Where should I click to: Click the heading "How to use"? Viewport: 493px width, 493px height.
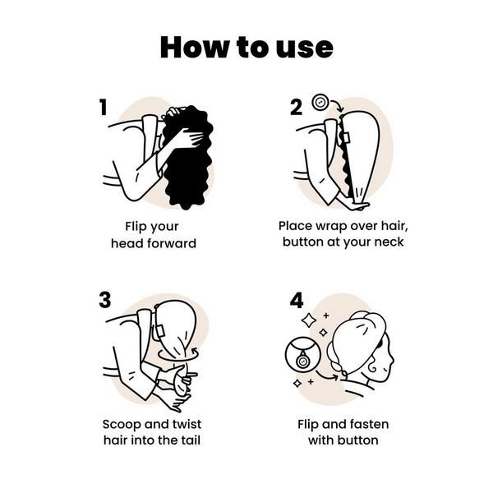click(x=246, y=47)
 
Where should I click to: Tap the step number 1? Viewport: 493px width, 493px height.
click(x=104, y=107)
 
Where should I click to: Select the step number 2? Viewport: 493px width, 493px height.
click(x=297, y=106)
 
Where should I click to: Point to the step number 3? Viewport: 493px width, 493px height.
click(x=104, y=300)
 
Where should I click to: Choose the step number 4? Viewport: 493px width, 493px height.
click(x=297, y=301)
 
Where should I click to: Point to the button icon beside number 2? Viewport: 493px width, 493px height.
click(x=320, y=105)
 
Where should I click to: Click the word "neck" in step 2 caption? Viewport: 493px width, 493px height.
click(x=389, y=242)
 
